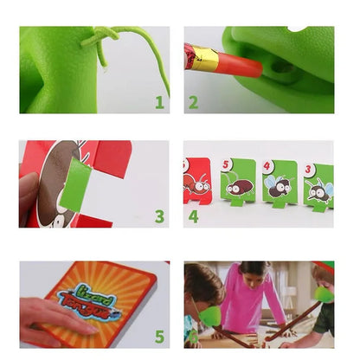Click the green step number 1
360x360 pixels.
pyautogui.click(x=159, y=102)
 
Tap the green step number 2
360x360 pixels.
pyautogui.click(x=193, y=102)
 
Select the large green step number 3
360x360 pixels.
pyautogui.click(x=159, y=215)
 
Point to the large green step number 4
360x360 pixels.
pyautogui.click(x=193, y=215)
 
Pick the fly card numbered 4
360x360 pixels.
pyautogui.click(x=280, y=183)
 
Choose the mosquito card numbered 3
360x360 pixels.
pyautogui.click(x=319, y=184)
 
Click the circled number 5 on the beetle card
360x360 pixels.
pyautogui.click(x=227, y=164)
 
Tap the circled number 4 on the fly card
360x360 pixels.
pyautogui.click(x=268, y=165)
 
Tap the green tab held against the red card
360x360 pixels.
pyautogui.click(x=77, y=185)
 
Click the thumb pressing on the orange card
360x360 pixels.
pyautogui.click(x=43, y=311)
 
